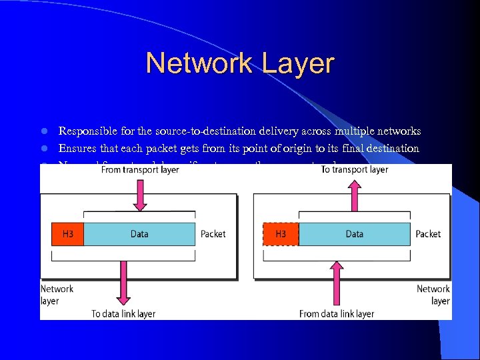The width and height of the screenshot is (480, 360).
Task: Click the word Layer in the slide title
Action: [x=298, y=63]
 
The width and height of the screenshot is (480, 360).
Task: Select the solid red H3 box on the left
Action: [x=67, y=234]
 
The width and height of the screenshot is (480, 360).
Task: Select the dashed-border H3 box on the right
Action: [x=281, y=234]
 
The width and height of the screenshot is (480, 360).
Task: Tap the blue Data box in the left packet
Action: [x=139, y=234]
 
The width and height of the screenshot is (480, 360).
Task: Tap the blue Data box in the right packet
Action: [x=354, y=234]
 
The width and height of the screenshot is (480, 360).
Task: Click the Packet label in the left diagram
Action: [x=213, y=234]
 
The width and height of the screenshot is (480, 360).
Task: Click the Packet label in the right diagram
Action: [x=428, y=234]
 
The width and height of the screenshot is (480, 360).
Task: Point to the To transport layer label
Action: [x=354, y=170]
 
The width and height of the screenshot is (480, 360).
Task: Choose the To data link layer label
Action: [x=123, y=313]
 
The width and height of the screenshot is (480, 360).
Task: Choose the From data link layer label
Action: [x=337, y=313]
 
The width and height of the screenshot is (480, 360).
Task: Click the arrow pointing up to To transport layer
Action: [x=354, y=193]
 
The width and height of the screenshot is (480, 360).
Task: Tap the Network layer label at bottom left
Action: [x=57, y=295]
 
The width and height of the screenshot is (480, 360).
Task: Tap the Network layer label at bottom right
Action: [x=433, y=295]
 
